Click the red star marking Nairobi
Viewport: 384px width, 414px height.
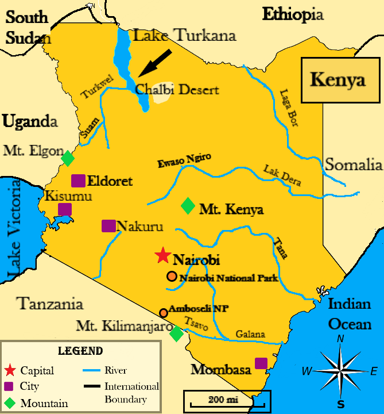[163, 255]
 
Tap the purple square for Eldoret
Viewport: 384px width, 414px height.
[78, 181]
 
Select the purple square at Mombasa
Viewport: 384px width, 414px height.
[261, 363]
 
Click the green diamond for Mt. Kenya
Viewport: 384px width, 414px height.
[188, 206]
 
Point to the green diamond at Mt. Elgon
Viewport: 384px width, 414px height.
[68, 157]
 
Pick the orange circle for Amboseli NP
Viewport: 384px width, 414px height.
[164, 313]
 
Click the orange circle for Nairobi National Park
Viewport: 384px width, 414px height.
[172, 276]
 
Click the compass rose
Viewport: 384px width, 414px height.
[341, 371]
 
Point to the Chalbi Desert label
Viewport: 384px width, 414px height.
[177, 90]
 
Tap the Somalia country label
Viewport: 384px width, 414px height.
[354, 166]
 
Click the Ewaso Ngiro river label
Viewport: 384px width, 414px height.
[185, 161]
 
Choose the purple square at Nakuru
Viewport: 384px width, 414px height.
[108, 226]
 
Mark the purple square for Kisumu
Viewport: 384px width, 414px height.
[65, 209]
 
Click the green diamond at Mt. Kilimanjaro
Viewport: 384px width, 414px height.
[177, 333]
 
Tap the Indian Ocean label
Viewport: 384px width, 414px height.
[350, 315]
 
